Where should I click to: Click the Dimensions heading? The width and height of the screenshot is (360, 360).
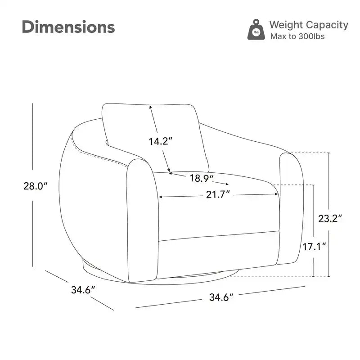point(68,27)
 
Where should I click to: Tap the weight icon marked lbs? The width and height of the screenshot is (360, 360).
point(256,30)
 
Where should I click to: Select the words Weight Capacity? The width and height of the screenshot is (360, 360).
point(309,25)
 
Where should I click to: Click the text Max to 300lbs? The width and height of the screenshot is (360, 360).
point(297,36)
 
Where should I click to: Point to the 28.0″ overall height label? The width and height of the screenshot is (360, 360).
point(36,186)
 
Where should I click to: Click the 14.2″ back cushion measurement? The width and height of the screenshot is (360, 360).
point(161,141)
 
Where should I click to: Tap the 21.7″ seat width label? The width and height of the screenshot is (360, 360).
point(218,195)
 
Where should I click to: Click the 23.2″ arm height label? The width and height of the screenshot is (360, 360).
point(330,218)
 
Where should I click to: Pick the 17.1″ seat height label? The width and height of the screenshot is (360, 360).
point(314,247)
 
